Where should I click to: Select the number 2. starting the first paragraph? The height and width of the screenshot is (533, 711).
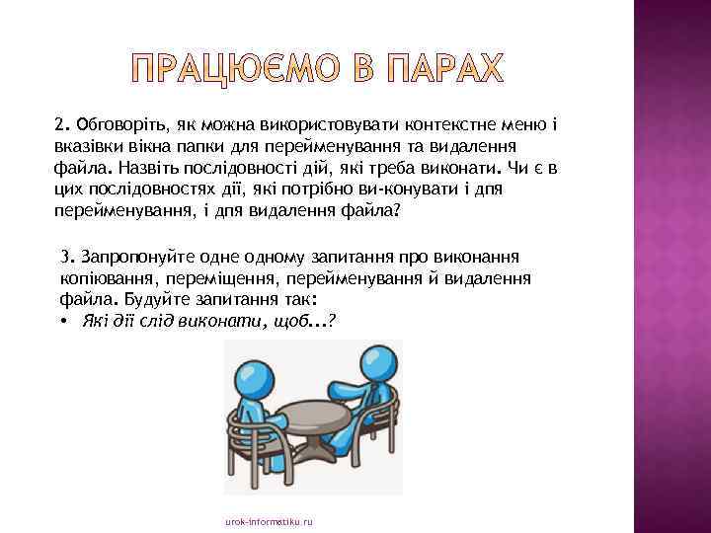pyautogui.click(x=61, y=124)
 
